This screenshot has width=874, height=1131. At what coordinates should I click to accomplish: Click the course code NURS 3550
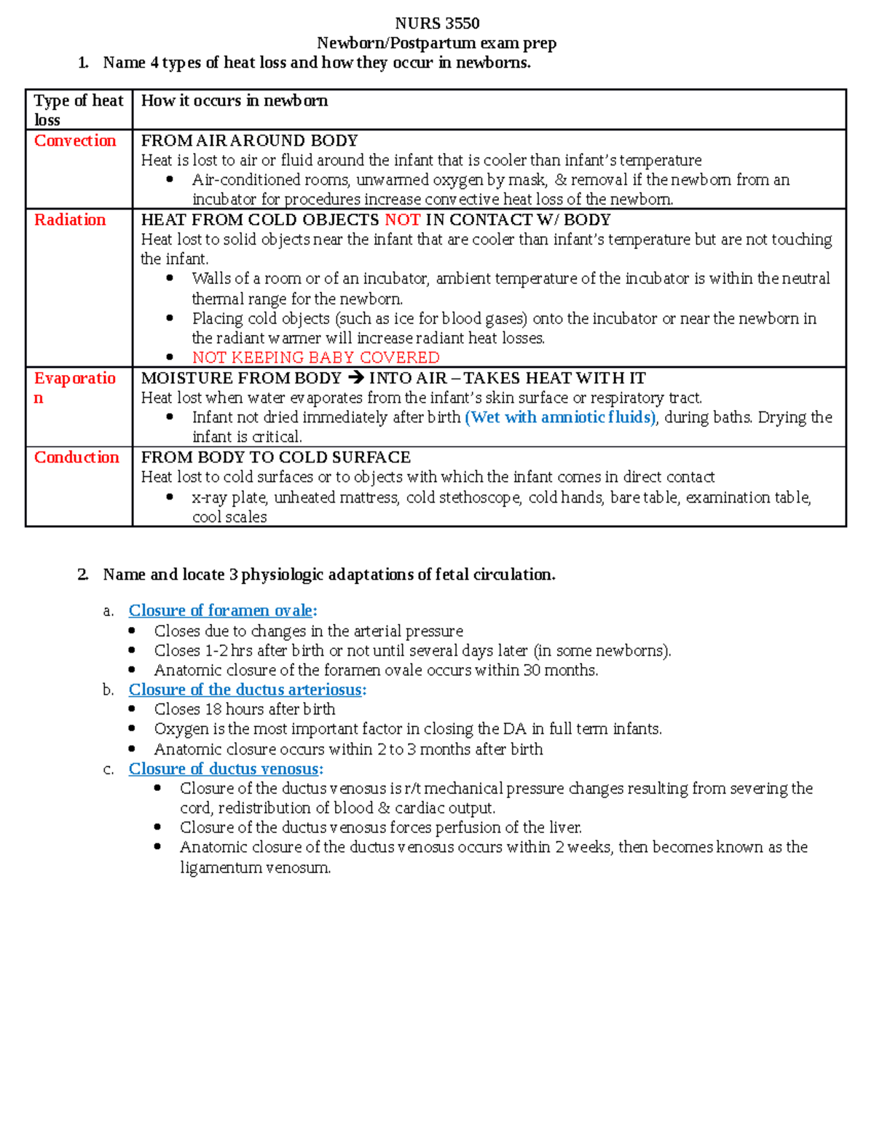(x=437, y=23)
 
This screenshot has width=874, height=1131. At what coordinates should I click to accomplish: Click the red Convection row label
(x=75, y=141)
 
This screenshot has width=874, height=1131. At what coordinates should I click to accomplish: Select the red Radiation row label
(x=70, y=220)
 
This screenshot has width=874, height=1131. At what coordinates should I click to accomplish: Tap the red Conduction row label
(x=76, y=457)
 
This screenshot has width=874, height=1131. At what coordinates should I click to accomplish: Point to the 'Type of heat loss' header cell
(x=78, y=109)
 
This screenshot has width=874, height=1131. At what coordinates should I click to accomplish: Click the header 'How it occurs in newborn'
(x=234, y=101)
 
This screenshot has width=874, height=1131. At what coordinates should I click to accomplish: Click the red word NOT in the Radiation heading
(x=402, y=220)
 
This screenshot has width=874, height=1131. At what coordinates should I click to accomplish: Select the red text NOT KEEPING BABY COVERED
(x=315, y=358)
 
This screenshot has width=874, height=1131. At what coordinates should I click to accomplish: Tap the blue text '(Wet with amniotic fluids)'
(x=560, y=417)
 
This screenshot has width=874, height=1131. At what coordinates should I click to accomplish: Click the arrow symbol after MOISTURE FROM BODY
(x=355, y=378)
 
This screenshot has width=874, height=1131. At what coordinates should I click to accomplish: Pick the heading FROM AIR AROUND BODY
(x=249, y=141)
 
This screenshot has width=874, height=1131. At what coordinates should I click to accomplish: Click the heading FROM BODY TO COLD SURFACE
(x=275, y=457)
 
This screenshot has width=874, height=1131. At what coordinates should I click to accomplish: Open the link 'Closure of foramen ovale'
(x=221, y=610)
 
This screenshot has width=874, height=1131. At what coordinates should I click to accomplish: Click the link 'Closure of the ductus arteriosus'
(x=245, y=690)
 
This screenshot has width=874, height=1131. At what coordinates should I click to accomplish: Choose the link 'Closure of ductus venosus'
(x=224, y=769)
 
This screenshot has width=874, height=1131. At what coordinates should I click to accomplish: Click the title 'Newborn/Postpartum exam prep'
(x=437, y=43)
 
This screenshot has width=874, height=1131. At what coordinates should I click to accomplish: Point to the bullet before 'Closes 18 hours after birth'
(x=132, y=709)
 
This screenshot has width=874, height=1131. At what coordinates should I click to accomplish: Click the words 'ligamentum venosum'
(x=255, y=867)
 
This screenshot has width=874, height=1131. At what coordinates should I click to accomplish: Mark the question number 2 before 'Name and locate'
(x=82, y=575)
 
